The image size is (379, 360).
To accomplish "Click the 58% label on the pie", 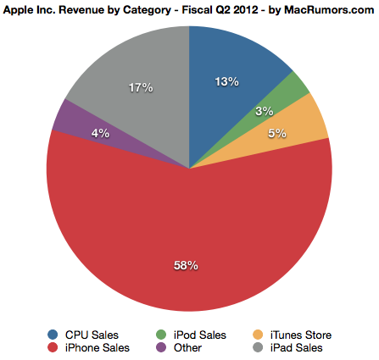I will pyautogui.click(x=186, y=265).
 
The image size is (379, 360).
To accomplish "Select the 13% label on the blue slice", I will pyautogui.click(x=227, y=81).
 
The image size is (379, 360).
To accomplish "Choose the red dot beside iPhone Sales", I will pyautogui.click(x=54, y=347).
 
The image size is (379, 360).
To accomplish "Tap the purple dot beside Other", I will pyautogui.click(x=161, y=347).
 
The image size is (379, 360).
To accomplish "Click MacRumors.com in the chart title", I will pyautogui.click(x=324, y=9).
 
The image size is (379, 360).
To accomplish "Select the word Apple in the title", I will pyautogui.click(x=22, y=9).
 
